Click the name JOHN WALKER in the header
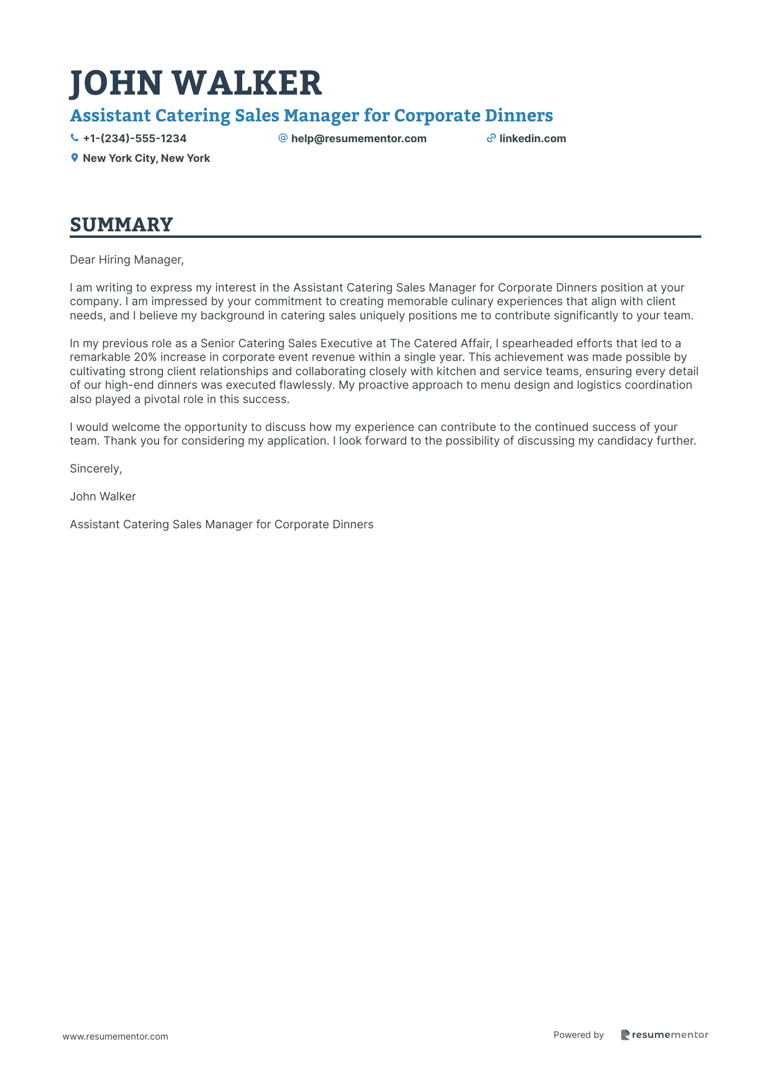pyautogui.click(x=196, y=83)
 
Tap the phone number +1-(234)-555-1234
pyautogui.click(x=135, y=138)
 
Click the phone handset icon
pyautogui.click(x=74, y=138)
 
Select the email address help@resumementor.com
pyautogui.click(x=358, y=138)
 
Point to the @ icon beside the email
pyautogui.click(x=283, y=138)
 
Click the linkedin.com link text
pyautogui.click(x=533, y=138)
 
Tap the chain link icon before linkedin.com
pyautogui.click(x=491, y=138)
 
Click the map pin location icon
pyautogui.click(x=74, y=158)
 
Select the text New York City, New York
pyautogui.click(x=146, y=158)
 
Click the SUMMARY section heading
pyautogui.click(x=121, y=225)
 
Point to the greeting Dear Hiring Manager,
pyautogui.click(x=127, y=260)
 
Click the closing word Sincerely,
pyautogui.click(x=96, y=469)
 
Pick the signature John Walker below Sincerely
pyautogui.click(x=103, y=497)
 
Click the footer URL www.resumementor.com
pyautogui.click(x=115, y=1036)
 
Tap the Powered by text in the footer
pyautogui.click(x=579, y=1035)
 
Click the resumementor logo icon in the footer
pyautogui.click(x=626, y=1035)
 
